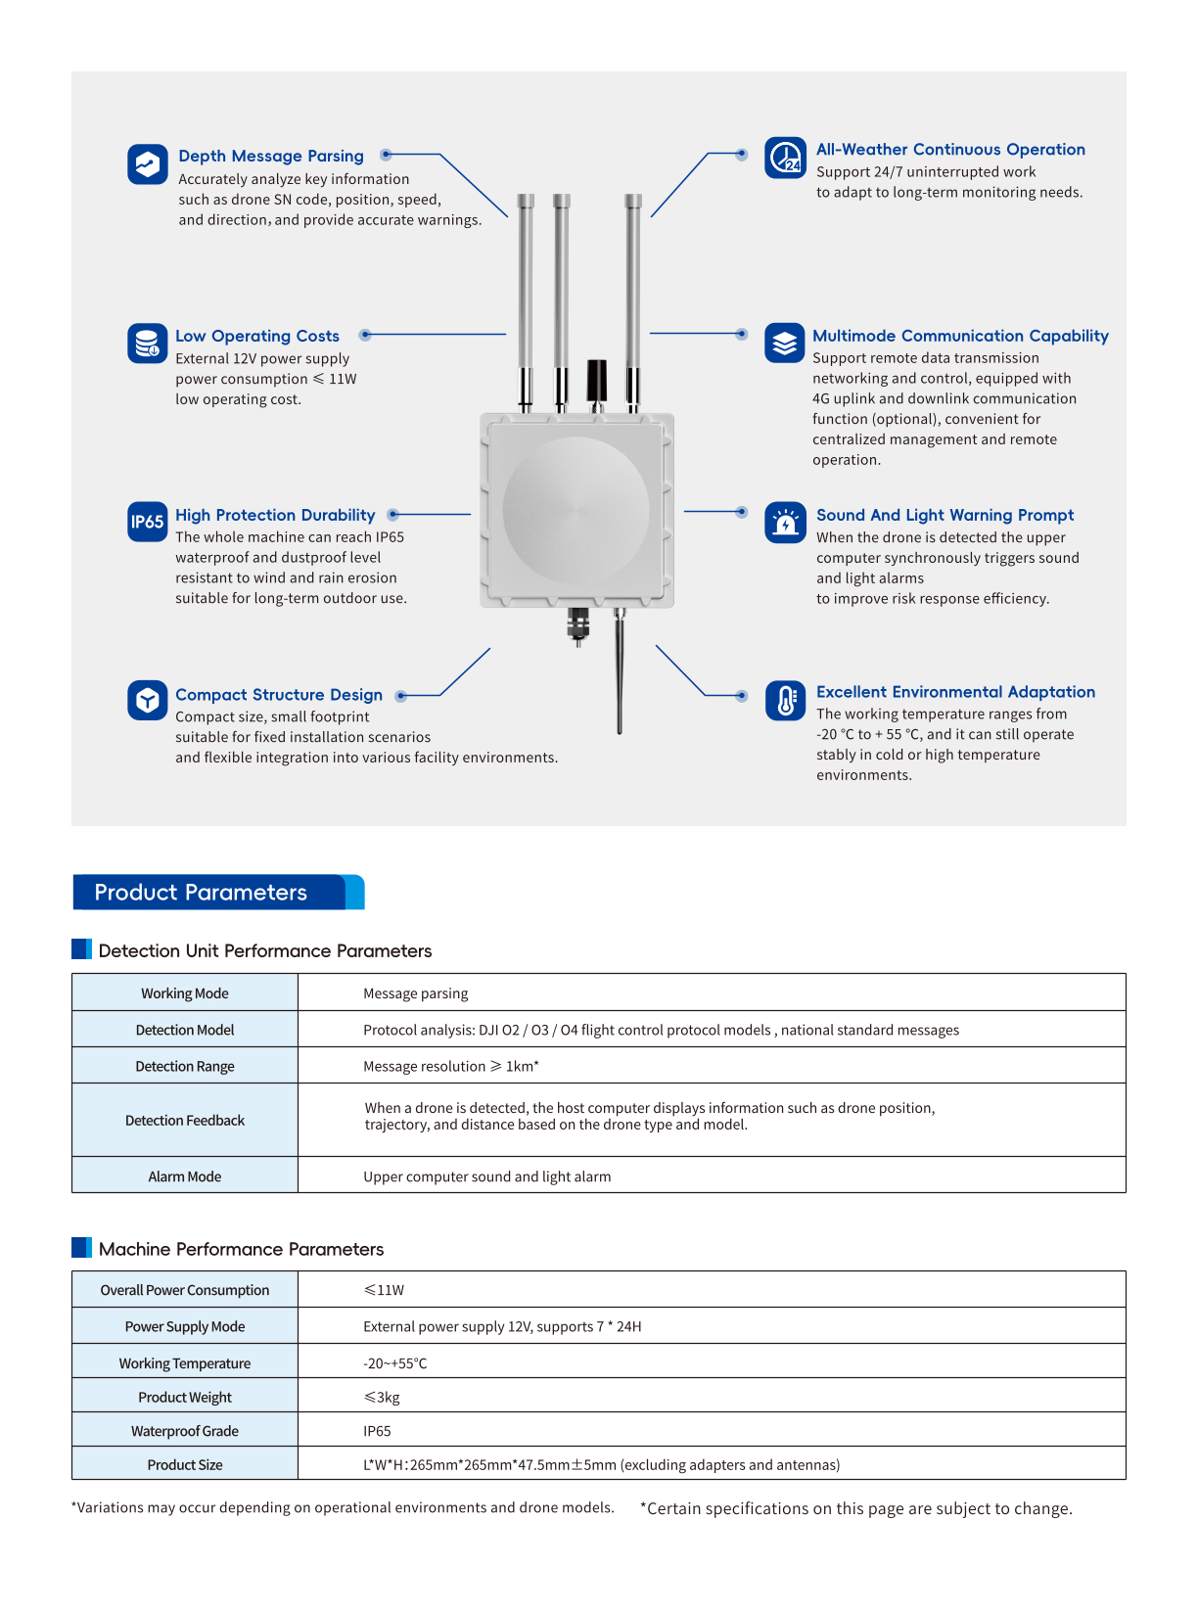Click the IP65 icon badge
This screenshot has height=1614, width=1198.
click(x=147, y=522)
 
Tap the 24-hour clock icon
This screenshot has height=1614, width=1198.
click(x=785, y=158)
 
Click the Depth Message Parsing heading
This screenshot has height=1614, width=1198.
click(x=270, y=156)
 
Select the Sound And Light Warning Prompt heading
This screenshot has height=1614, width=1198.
click(x=945, y=515)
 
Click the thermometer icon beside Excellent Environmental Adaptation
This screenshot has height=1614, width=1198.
click(x=785, y=701)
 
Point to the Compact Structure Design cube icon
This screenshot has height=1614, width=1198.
click(x=147, y=701)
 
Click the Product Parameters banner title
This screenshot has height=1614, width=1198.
click(x=201, y=893)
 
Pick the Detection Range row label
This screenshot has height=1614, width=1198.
click(x=184, y=1066)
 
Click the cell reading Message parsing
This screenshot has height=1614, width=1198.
click(x=415, y=993)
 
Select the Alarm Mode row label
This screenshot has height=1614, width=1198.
click(x=184, y=1176)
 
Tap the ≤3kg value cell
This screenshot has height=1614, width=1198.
click(x=382, y=1398)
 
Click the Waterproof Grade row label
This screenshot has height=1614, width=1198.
click(x=184, y=1431)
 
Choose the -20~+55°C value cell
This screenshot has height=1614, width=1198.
click(x=394, y=1363)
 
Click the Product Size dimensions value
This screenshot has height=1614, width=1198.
click(x=601, y=1465)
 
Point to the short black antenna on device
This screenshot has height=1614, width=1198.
click(x=596, y=381)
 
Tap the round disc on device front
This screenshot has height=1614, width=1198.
click(x=576, y=510)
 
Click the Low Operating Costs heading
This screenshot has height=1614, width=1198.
click(x=256, y=336)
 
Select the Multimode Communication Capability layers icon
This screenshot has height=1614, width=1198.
click(x=785, y=343)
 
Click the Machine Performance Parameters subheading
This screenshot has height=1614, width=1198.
click(x=241, y=1249)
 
